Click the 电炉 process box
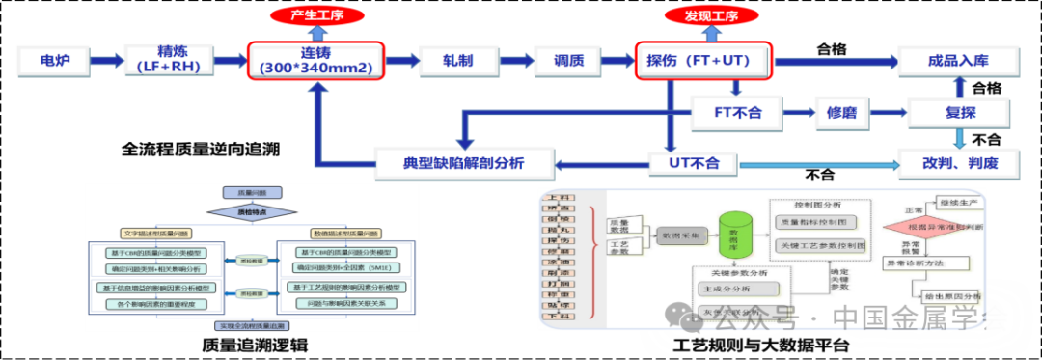point(52,61)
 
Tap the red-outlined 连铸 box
point(316,60)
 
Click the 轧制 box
point(457,61)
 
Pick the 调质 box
point(569,61)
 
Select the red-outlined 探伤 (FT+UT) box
point(705,61)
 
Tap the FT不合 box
point(737,113)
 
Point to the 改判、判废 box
point(958,163)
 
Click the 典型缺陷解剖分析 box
point(464,162)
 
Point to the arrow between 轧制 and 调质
point(513,61)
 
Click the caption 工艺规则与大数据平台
point(762,346)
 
